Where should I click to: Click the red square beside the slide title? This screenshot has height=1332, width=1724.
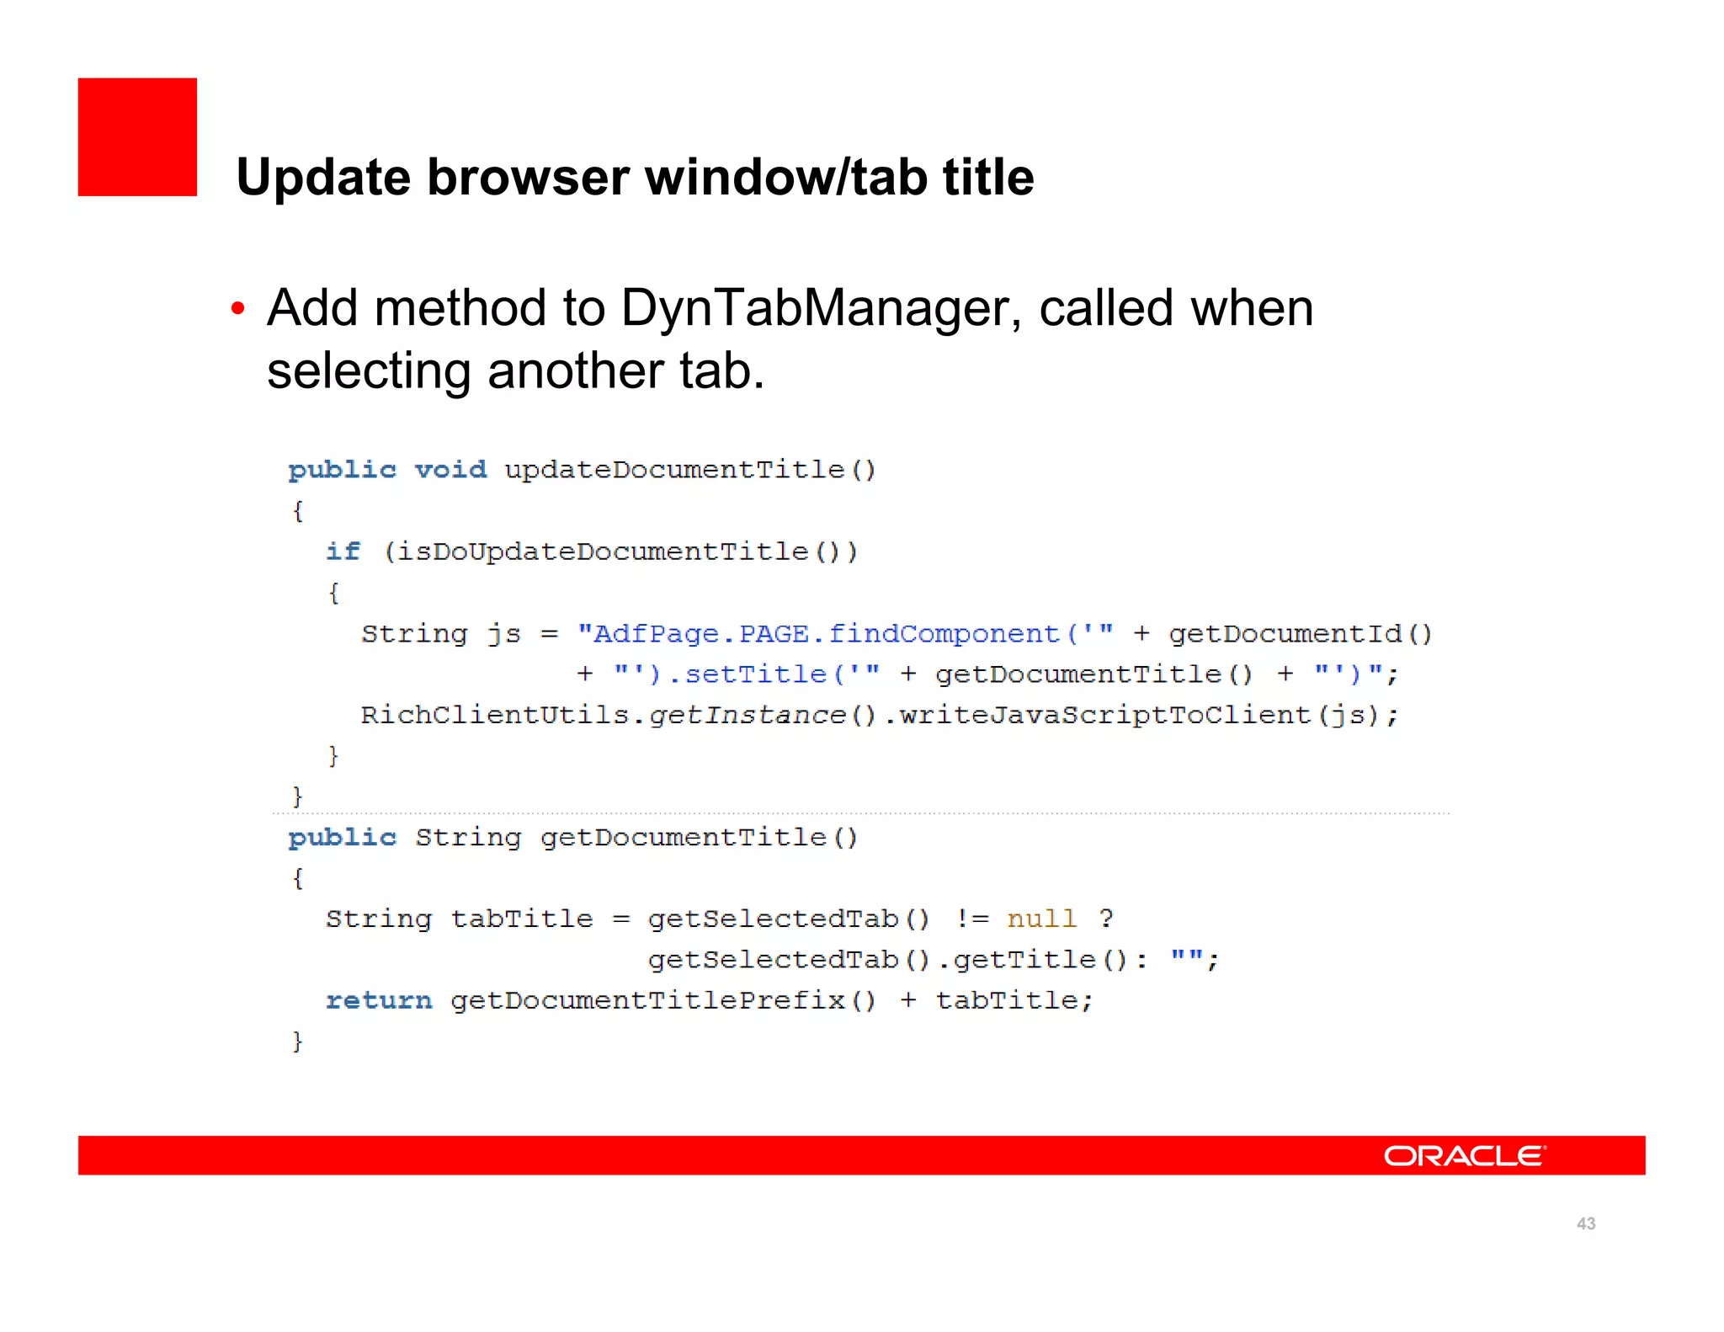click(137, 137)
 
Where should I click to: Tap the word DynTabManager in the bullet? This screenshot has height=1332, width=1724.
click(814, 308)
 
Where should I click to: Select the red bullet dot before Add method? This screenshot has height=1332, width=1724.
click(238, 310)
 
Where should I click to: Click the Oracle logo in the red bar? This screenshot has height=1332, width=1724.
click(1464, 1156)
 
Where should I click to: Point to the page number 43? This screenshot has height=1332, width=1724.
click(1585, 1223)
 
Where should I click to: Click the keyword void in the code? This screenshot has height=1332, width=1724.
click(450, 470)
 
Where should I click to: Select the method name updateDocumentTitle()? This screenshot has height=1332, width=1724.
click(690, 470)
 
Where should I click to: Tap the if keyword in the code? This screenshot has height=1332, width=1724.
click(343, 551)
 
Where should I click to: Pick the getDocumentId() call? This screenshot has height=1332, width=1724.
click(1300, 633)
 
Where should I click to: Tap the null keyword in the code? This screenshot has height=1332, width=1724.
click(1042, 919)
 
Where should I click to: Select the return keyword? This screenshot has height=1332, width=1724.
click(379, 1000)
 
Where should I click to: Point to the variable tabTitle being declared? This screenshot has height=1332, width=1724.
click(522, 919)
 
